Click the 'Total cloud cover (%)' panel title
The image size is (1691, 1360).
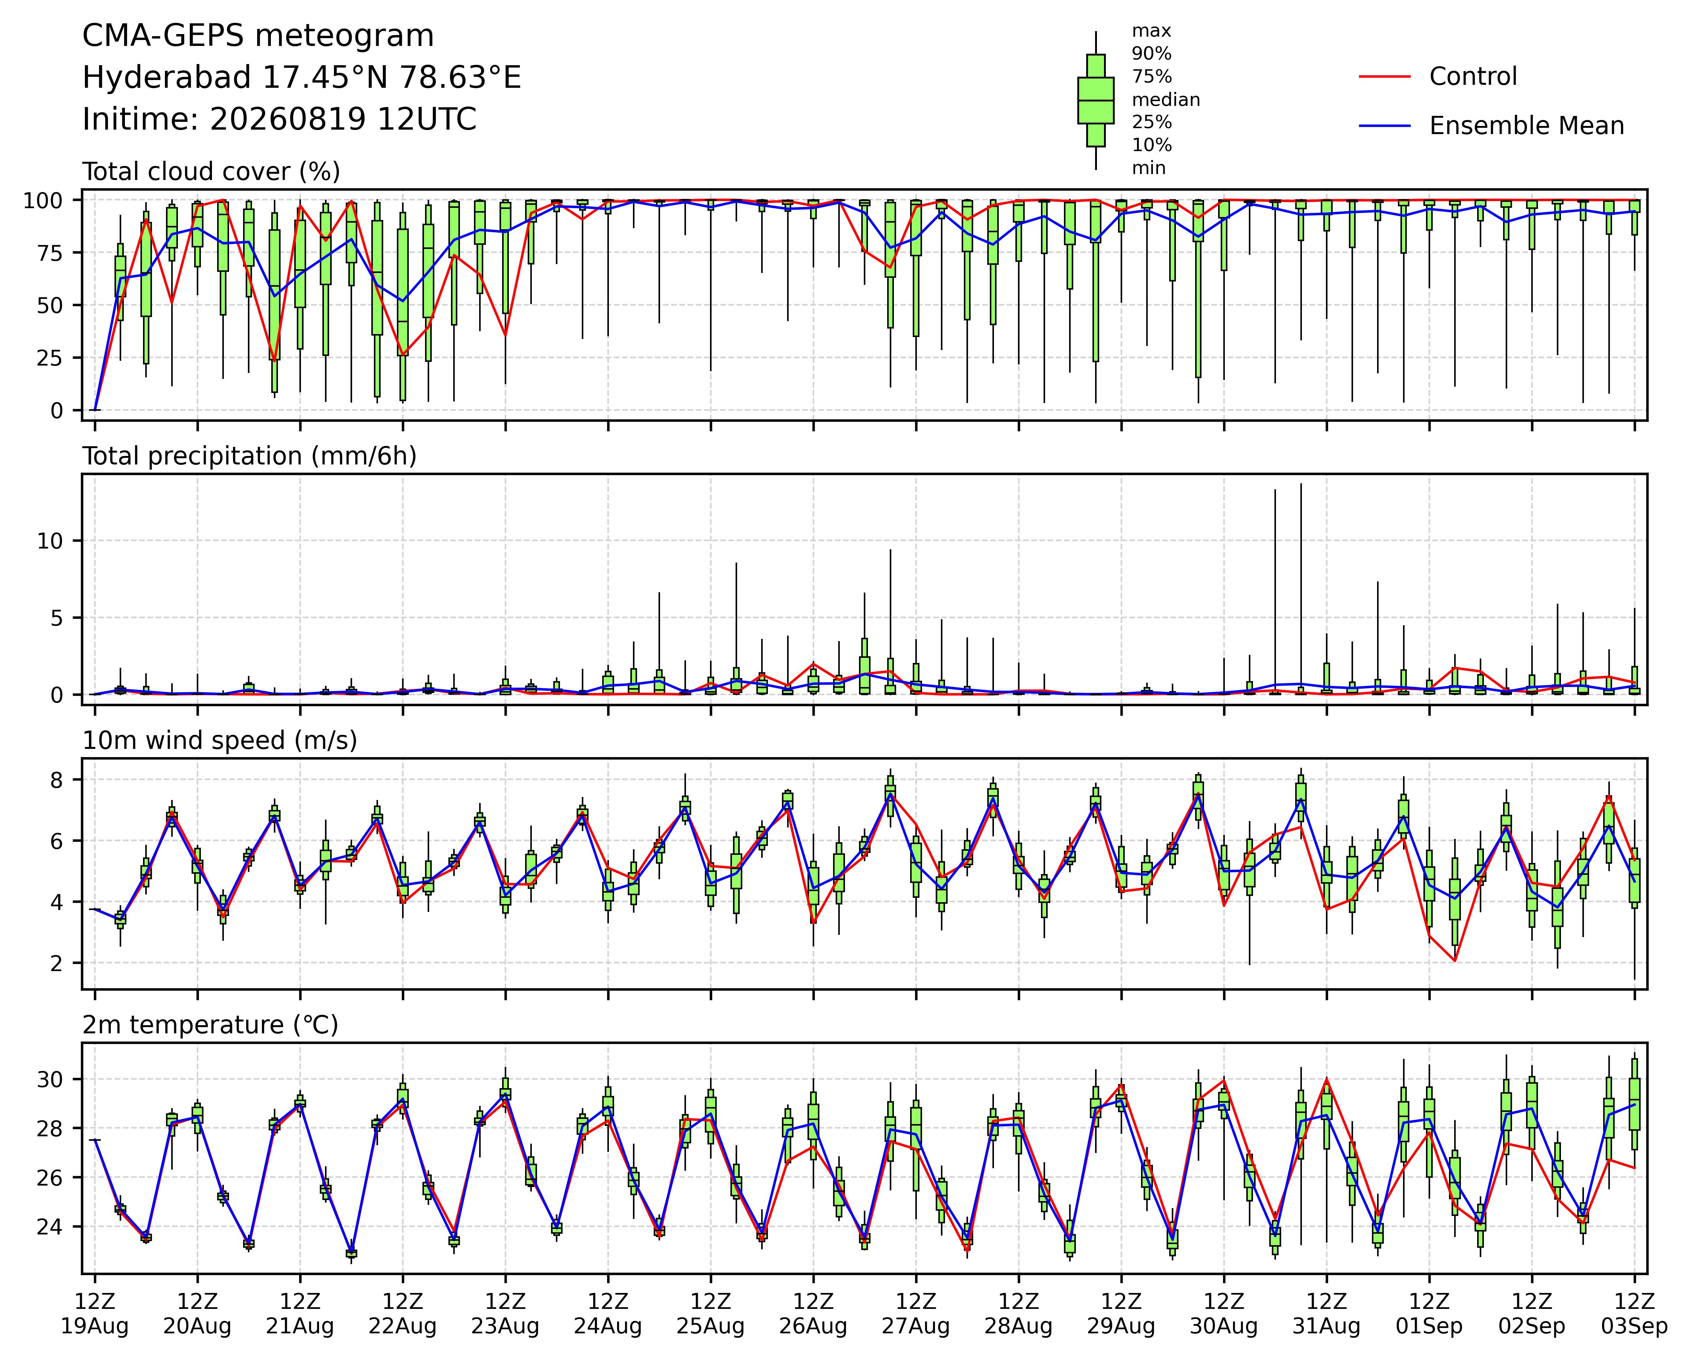coord(211,171)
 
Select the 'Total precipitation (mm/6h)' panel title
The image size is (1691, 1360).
coord(249,456)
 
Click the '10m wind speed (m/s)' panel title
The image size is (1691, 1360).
coord(220,741)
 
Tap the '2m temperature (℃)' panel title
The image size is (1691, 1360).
coord(210,1025)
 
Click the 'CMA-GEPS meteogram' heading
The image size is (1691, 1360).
coord(258,36)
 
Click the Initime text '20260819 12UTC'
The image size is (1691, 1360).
coord(343,119)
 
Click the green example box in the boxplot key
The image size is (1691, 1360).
coord(1096,100)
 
